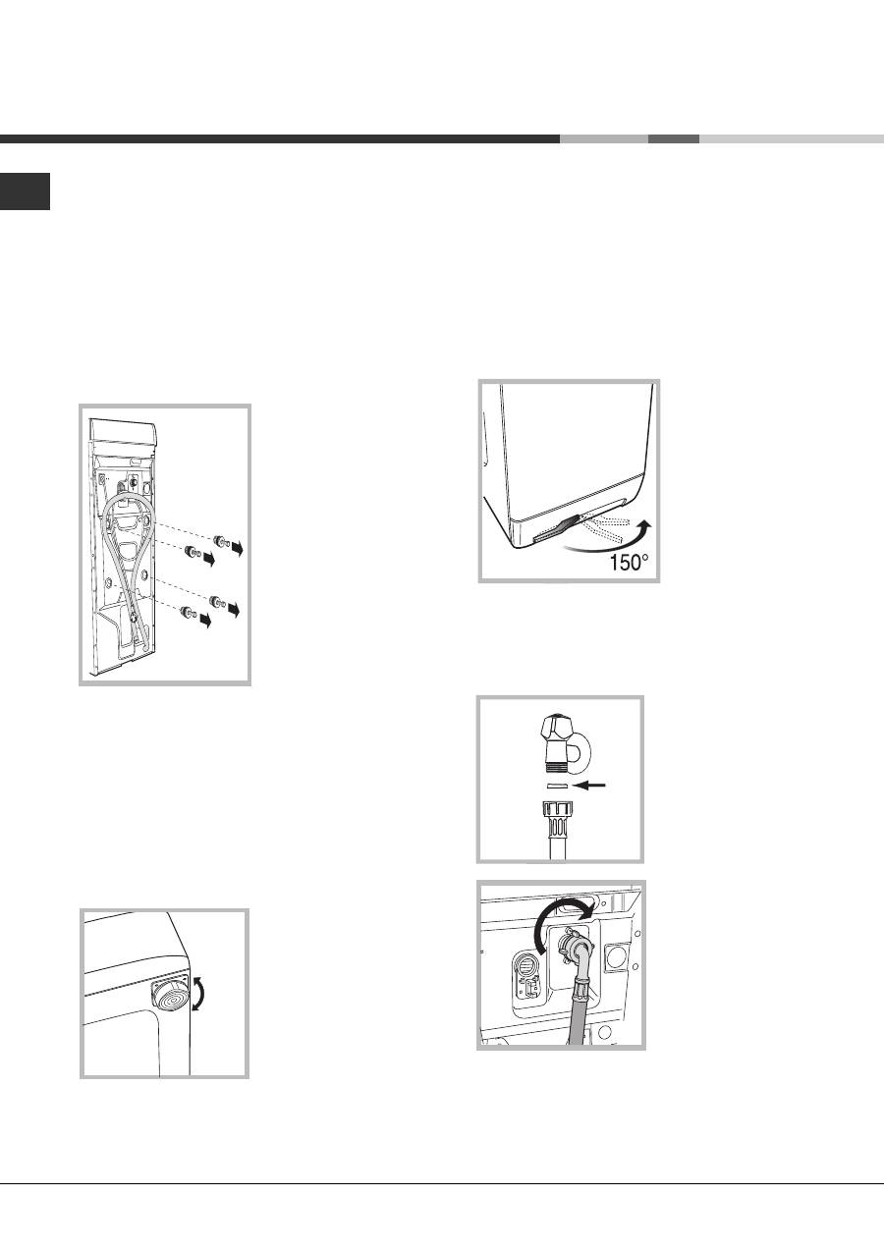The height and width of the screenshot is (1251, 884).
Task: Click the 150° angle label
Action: (x=629, y=562)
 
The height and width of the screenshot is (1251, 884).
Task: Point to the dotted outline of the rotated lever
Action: (x=605, y=527)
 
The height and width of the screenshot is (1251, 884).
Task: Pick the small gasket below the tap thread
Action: (x=557, y=786)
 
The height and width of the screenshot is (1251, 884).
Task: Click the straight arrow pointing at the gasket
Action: (x=590, y=786)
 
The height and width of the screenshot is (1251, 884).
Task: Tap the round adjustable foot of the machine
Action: (x=168, y=995)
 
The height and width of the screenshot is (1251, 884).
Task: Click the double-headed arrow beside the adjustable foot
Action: (x=199, y=994)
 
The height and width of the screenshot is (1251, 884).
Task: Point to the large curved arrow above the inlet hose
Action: (x=559, y=916)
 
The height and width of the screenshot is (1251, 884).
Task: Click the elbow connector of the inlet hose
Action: (x=578, y=952)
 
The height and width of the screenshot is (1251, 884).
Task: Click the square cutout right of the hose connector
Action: (x=617, y=957)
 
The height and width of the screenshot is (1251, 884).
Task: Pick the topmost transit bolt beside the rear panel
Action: (x=222, y=540)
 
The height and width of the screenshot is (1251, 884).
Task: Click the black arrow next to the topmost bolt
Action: (x=237, y=549)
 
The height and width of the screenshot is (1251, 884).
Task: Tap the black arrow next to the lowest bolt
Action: (x=205, y=620)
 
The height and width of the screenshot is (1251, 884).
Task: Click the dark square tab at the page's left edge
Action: (x=26, y=191)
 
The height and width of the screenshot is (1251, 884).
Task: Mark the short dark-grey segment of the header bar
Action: (x=674, y=138)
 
